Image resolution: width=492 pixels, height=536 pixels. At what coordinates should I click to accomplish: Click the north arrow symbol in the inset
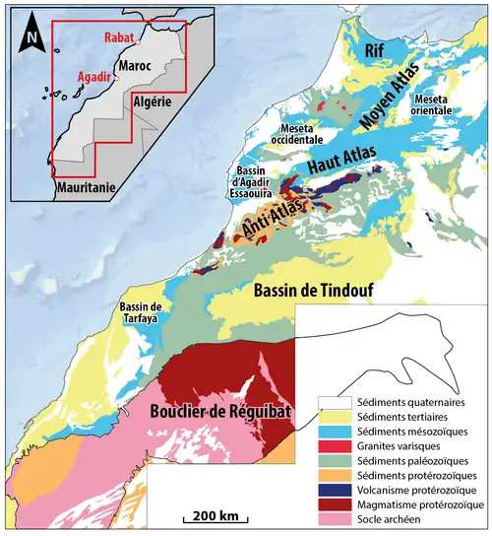coord(31,35)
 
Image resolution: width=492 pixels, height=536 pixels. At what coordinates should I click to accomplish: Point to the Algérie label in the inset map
coord(152,101)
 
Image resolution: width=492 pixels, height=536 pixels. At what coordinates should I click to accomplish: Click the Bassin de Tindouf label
coord(309,291)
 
